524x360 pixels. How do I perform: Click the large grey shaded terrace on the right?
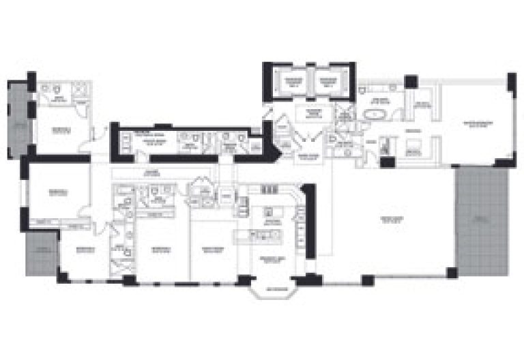coord(482,222)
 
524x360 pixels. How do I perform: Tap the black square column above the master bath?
coord(411,82)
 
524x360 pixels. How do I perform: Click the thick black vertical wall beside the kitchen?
coord(309,222)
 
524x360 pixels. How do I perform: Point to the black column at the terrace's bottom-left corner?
coord(451,273)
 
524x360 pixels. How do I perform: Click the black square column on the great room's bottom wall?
coord(367,279)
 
